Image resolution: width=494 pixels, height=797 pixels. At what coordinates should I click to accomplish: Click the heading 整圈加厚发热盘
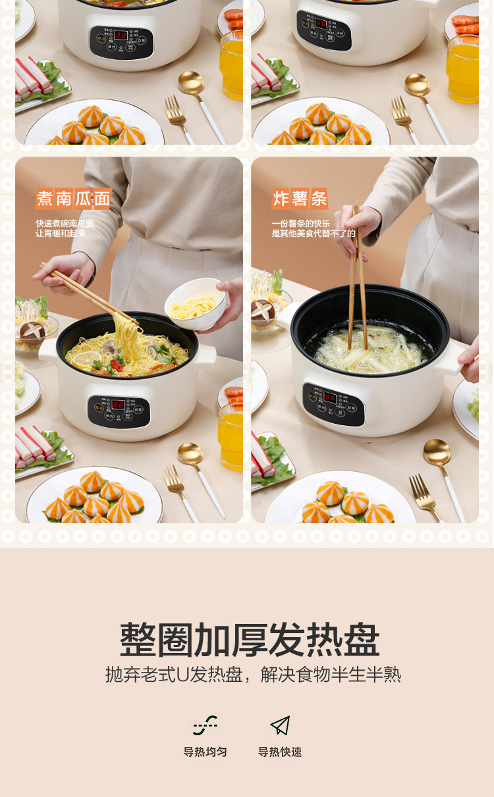(250, 639)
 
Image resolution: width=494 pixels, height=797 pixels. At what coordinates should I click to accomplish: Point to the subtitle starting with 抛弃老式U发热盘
(253, 675)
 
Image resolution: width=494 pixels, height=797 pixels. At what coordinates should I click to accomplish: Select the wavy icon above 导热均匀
(205, 725)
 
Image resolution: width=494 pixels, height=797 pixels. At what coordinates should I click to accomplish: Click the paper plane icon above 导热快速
(280, 725)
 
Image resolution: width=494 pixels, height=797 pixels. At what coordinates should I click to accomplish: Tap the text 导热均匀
(205, 752)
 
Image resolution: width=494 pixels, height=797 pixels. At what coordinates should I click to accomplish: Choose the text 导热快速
(280, 752)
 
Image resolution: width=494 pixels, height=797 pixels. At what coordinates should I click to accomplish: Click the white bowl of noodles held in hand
(194, 303)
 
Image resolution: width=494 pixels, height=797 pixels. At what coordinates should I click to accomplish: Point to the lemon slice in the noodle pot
(87, 359)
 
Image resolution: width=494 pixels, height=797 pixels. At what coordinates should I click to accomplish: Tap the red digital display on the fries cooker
(330, 398)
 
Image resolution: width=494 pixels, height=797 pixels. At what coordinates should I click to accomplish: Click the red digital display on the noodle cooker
(119, 405)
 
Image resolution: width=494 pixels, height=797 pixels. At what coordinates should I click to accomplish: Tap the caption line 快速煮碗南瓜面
(65, 224)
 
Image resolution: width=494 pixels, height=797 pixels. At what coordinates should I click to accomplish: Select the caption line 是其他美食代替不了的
(313, 233)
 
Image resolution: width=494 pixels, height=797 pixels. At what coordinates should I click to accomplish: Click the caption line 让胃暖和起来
(61, 233)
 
